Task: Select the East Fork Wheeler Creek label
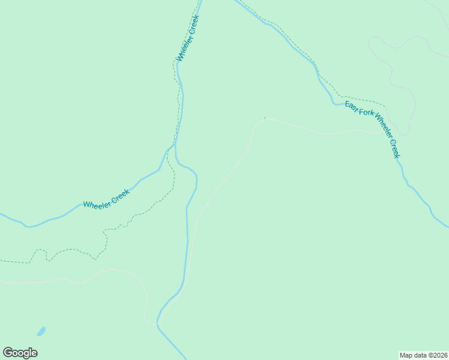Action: (372, 130)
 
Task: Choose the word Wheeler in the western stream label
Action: (95, 203)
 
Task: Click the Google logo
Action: (20, 353)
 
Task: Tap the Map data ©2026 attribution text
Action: (423, 355)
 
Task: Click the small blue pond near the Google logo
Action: (41, 331)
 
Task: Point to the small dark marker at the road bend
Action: (265, 118)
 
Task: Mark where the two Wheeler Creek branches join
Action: (175, 144)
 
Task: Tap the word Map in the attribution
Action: (406, 355)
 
